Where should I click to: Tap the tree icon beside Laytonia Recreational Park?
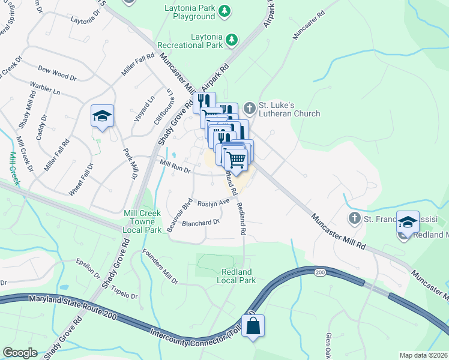(x=231, y=40)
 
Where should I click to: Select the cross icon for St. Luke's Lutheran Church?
(x=250, y=109)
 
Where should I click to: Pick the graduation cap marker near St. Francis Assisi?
(x=408, y=223)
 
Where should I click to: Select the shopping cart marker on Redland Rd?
(x=235, y=159)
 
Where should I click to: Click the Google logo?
(x=19, y=353)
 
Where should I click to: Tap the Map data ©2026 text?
(x=424, y=355)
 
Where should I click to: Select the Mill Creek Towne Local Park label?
(x=142, y=221)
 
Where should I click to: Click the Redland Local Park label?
(x=238, y=276)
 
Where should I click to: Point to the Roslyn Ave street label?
(x=214, y=203)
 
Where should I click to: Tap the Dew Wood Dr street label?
(x=58, y=74)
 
